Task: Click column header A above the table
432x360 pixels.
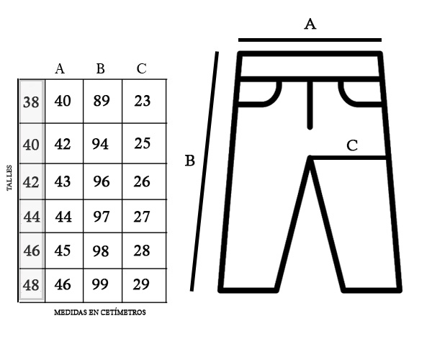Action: point(60,68)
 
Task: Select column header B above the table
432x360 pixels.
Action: point(101,68)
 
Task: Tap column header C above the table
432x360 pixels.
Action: point(141,68)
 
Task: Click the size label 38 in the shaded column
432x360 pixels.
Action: point(31,102)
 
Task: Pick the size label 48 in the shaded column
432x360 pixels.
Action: point(31,285)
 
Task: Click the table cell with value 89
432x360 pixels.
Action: point(102,101)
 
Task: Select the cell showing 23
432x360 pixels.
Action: point(143,101)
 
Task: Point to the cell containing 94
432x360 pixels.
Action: point(100,144)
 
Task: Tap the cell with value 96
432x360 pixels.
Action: point(102,181)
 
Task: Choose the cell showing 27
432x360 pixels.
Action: point(142,217)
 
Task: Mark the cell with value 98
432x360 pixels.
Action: point(101,251)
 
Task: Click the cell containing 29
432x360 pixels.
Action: point(141,284)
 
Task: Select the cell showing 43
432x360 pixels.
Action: point(63,181)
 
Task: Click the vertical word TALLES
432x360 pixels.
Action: point(9,178)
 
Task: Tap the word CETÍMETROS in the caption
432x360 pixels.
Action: point(123,312)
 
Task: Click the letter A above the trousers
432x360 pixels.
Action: point(310,24)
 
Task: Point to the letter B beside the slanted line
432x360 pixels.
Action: point(190,161)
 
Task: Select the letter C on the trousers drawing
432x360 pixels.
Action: point(352,145)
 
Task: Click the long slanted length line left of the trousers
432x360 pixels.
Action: point(204,171)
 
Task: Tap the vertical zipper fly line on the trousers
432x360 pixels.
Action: point(310,104)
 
